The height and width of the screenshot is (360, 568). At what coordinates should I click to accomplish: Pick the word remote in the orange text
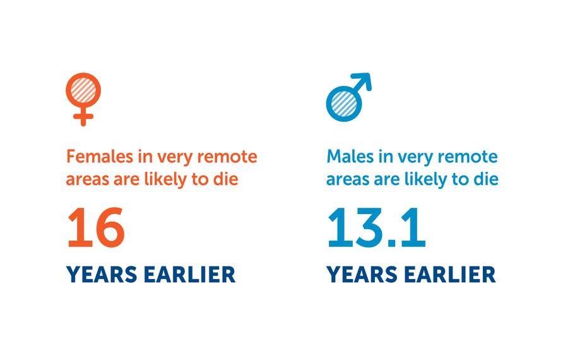click(x=231, y=156)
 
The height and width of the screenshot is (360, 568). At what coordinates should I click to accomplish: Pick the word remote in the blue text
click(x=471, y=156)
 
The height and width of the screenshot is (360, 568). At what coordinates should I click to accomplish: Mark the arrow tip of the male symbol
click(x=367, y=79)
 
